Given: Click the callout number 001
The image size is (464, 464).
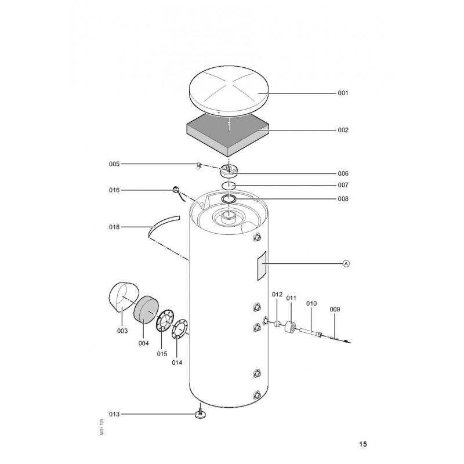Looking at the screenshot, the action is coord(343,93).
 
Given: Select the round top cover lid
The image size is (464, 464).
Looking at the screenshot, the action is coord(229,91).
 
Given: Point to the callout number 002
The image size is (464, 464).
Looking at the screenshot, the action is coord(343,130).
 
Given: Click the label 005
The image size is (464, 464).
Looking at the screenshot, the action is coord(114,164).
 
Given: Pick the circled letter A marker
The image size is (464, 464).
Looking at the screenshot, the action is coord(346,263).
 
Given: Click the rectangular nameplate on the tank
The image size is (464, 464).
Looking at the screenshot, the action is coord(262,266).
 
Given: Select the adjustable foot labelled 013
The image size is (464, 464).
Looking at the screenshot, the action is coord(200,414).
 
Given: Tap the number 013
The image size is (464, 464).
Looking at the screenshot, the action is coord(114,414).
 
